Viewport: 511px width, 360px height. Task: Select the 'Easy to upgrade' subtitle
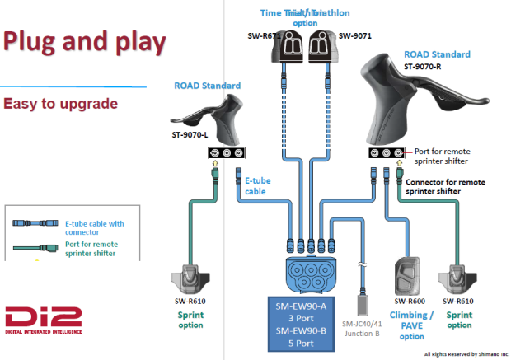pos(60,105)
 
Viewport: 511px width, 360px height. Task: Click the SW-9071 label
pos(354,35)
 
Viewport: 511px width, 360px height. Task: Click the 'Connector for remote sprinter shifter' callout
pos(456,185)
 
